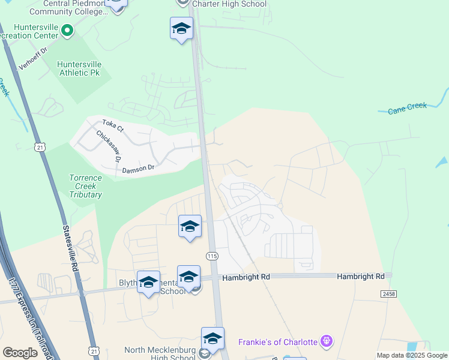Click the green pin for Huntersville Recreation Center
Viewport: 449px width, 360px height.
coord(67,29)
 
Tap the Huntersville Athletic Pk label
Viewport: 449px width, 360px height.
coord(79,68)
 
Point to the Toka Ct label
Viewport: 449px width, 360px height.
coord(112,126)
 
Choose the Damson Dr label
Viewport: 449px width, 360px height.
coord(139,170)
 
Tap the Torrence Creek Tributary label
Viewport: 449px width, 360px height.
coord(85,186)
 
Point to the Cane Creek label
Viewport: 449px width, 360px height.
coord(407,108)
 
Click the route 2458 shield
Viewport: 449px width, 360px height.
coord(388,293)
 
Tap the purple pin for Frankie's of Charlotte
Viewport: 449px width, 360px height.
coord(326,342)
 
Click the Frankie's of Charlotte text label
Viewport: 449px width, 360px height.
coord(278,342)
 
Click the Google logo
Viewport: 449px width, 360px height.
coord(20,353)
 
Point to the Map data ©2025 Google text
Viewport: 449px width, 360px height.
coord(412,355)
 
